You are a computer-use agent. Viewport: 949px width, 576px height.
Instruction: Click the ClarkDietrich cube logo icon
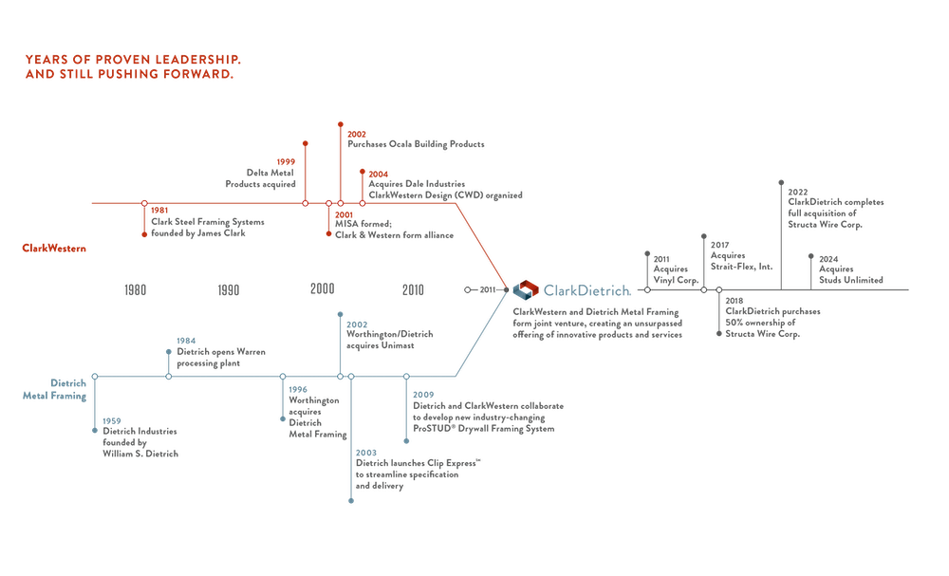[525, 289]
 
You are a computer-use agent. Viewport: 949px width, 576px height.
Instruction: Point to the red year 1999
[285, 162]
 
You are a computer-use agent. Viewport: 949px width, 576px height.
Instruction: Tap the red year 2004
[378, 174]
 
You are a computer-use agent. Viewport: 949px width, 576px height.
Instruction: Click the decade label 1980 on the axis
[136, 290]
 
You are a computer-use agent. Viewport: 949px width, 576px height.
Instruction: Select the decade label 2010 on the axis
[414, 290]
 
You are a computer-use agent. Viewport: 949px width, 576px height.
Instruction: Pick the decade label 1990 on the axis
[229, 290]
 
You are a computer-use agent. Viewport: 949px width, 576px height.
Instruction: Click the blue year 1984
[186, 340]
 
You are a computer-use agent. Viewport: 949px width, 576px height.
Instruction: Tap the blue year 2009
[422, 395]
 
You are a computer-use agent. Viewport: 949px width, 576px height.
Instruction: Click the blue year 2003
[365, 453]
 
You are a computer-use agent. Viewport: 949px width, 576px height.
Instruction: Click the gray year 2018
[737, 302]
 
